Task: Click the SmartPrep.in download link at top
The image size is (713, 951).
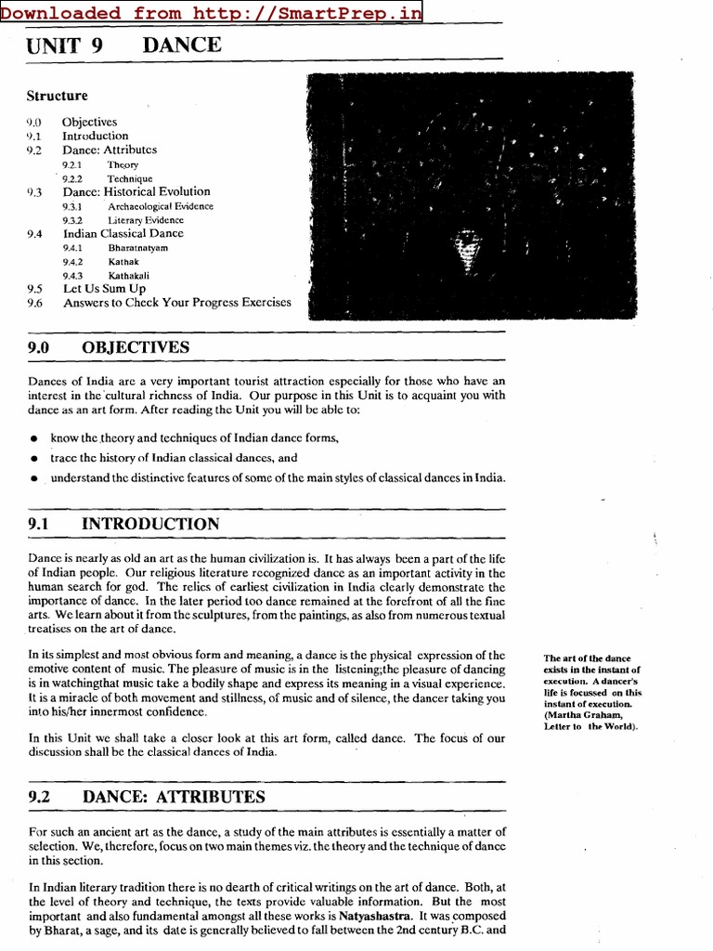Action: (x=211, y=12)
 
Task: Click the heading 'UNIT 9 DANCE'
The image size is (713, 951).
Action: (x=124, y=45)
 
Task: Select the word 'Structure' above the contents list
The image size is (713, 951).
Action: (x=57, y=96)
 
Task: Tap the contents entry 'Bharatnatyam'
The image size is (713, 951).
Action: (x=138, y=248)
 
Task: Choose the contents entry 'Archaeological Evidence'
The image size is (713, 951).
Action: (x=160, y=206)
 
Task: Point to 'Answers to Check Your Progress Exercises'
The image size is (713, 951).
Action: (x=176, y=303)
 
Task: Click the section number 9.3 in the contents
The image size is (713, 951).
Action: (x=34, y=192)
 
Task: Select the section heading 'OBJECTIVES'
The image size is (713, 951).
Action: (x=136, y=347)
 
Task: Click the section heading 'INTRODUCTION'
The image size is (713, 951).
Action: (x=150, y=525)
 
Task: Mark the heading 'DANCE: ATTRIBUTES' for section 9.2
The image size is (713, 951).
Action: (x=174, y=797)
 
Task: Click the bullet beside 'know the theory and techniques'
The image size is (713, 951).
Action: (x=34, y=439)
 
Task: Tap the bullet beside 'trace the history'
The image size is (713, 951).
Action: (x=34, y=459)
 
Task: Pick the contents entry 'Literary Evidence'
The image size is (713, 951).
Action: (x=146, y=220)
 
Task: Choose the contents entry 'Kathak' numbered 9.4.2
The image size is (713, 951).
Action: (x=123, y=262)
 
